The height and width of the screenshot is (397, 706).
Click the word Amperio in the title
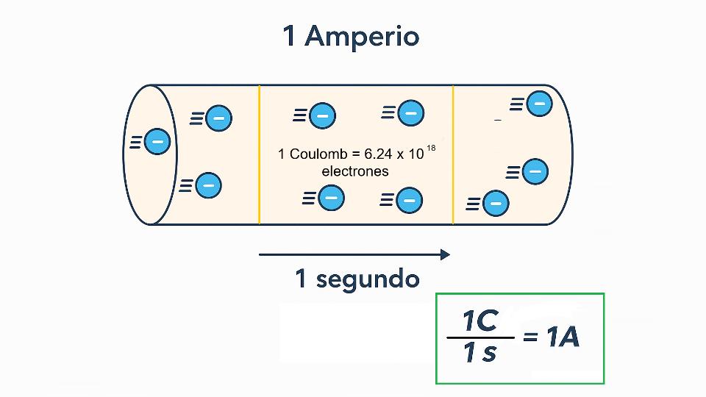click(x=362, y=36)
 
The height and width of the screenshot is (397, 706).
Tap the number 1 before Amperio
click(x=290, y=36)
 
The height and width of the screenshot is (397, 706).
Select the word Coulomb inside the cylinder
click(x=315, y=154)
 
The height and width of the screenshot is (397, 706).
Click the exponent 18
click(x=431, y=149)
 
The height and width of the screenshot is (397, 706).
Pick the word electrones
click(x=355, y=171)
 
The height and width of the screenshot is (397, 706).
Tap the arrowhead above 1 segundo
click(x=445, y=254)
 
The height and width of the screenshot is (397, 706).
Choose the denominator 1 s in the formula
click(x=479, y=354)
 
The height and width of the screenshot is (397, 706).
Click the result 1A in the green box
click(x=563, y=337)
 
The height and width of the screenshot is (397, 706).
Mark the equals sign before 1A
click(x=530, y=338)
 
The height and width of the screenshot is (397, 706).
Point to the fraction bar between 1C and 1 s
click(x=479, y=338)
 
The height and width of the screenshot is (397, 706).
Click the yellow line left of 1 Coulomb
click(x=260, y=154)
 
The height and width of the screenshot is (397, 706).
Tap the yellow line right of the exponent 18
click(x=453, y=154)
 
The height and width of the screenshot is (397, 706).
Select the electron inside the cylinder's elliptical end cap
click(x=157, y=141)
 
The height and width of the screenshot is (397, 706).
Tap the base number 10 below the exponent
click(x=416, y=155)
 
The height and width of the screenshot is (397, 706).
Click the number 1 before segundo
click(x=300, y=279)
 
